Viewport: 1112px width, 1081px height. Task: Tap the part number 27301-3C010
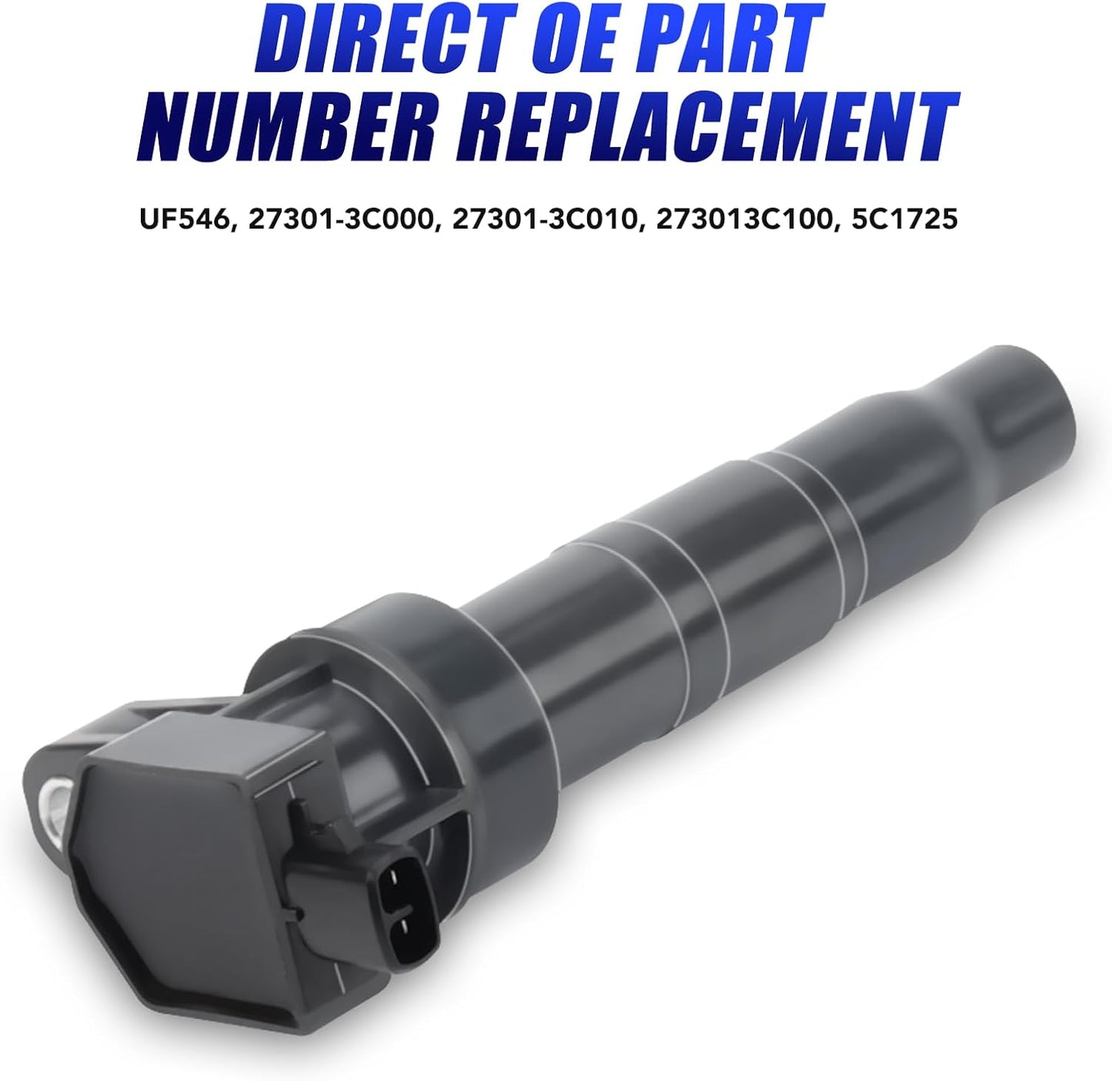pyautogui.click(x=545, y=219)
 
